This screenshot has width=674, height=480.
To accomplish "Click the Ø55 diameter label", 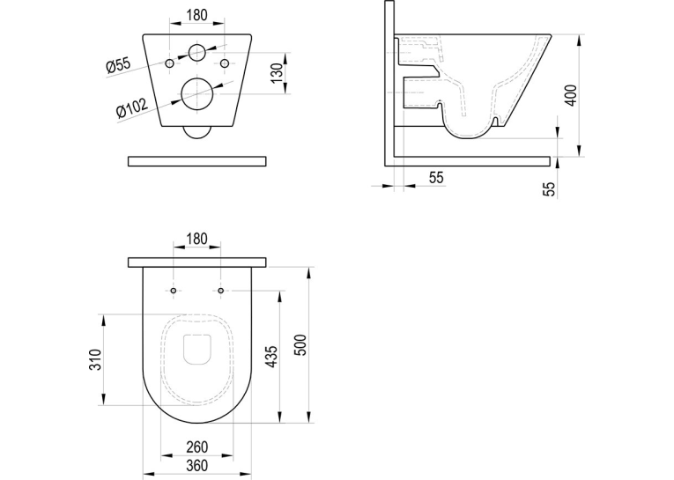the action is point(118,65).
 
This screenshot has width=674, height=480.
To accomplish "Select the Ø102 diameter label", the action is point(132,107).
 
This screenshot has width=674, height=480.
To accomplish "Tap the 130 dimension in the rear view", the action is point(278,72).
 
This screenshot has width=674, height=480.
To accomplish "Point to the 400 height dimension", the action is point(571,95).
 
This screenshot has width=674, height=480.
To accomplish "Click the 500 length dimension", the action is point(301,344).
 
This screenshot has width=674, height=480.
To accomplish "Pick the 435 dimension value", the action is point(272,357).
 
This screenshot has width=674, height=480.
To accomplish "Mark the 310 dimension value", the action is point(95,359).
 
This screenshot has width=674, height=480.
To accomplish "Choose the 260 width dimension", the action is point(197,447).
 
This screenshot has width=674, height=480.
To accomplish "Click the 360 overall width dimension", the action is point(197,465).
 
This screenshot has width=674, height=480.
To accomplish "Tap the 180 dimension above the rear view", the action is point(197,15).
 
